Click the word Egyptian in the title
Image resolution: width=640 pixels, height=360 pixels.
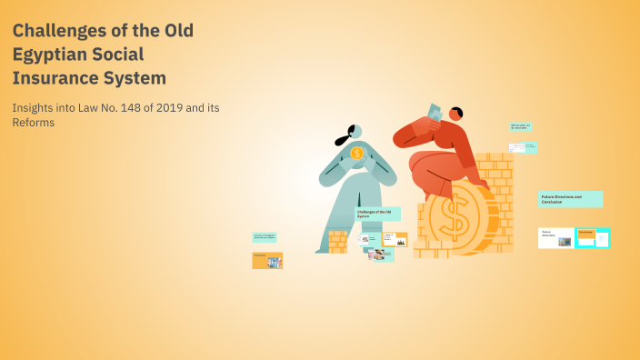[x=50, y=54]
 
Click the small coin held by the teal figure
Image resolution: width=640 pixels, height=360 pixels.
[x=356, y=153]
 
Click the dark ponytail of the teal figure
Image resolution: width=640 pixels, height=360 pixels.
[x=343, y=140]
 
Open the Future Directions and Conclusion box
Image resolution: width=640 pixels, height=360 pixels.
[x=571, y=199]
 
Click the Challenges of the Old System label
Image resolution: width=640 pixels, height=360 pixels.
[x=377, y=214]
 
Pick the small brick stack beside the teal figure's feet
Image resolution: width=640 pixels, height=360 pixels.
[x=337, y=241]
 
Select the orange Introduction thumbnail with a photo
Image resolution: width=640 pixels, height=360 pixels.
[x=267, y=260]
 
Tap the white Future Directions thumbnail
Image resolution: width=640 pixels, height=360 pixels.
[x=555, y=237]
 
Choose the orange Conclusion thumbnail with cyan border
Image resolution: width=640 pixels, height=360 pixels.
[x=592, y=237]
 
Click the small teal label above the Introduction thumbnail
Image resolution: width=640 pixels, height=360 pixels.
[x=265, y=236]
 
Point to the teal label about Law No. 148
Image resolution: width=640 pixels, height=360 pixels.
[x=520, y=127]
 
